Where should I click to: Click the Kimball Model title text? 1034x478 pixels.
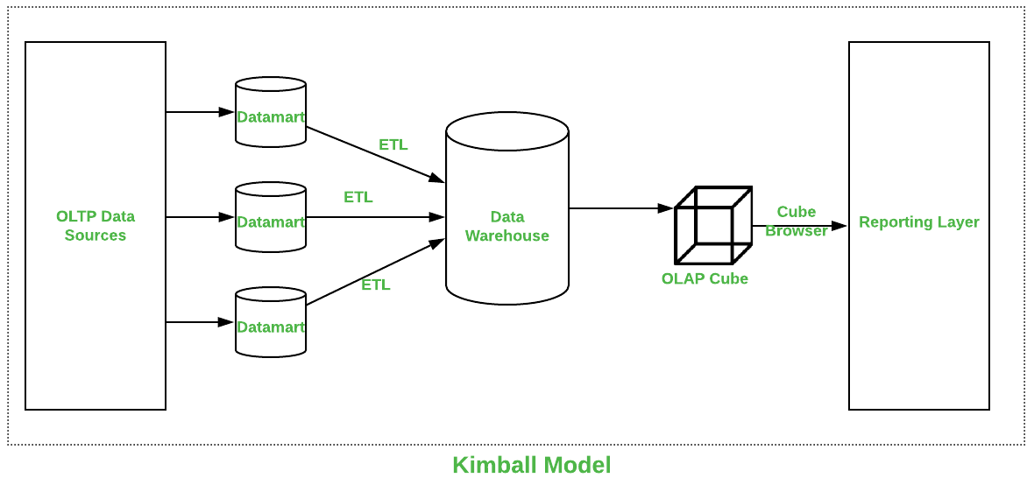(x=531, y=465)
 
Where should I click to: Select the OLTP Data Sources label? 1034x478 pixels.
(x=96, y=226)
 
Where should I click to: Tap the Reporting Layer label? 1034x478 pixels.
(x=918, y=222)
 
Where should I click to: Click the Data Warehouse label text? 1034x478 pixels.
(x=506, y=226)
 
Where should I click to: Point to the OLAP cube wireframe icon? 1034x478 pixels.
(x=712, y=225)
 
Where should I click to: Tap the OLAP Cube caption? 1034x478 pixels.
(x=705, y=278)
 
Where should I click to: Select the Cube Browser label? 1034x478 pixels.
(x=796, y=221)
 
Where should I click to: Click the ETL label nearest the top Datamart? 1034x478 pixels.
(x=393, y=144)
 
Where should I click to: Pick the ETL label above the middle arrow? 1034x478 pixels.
(x=358, y=197)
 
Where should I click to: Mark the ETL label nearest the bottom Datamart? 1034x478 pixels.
(x=375, y=285)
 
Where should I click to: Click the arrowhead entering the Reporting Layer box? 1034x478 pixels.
(x=839, y=226)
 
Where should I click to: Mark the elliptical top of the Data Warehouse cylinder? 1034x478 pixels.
(x=506, y=130)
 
